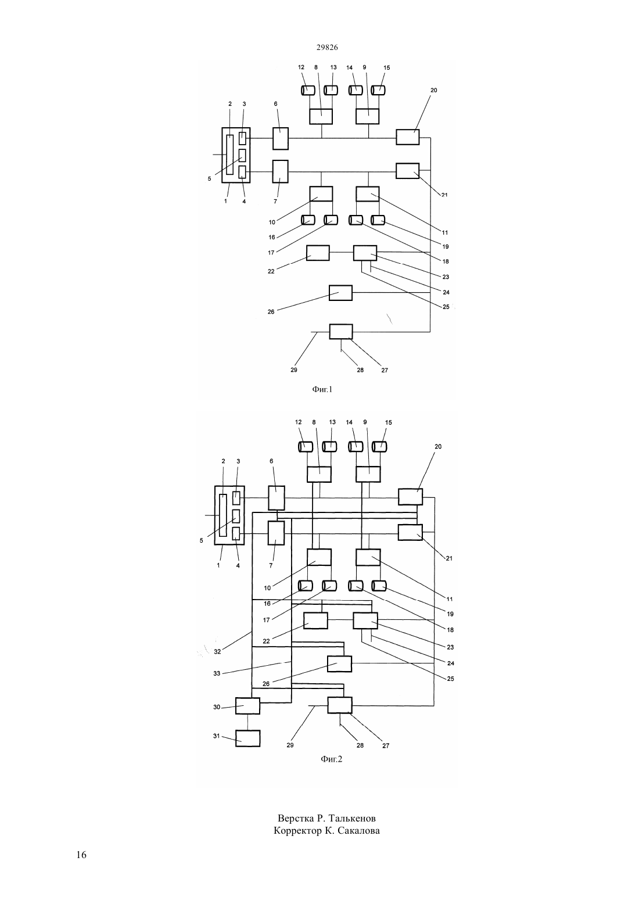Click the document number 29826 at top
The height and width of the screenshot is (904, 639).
(327, 47)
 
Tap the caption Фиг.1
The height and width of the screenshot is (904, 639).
(322, 389)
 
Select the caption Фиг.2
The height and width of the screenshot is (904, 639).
(332, 759)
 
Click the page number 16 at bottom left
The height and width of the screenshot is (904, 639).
(81, 855)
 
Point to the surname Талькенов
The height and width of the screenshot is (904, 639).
(352, 818)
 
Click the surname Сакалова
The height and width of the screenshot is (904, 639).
(358, 831)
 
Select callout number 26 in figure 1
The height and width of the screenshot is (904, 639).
(271, 311)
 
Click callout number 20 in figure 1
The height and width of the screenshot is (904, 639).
(434, 90)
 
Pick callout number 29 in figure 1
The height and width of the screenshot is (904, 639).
(294, 370)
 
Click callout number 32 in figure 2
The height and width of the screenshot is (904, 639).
(217, 651)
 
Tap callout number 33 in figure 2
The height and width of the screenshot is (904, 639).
(217, 673)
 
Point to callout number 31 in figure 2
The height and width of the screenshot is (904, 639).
(217, 736)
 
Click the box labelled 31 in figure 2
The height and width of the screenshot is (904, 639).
(247, 738)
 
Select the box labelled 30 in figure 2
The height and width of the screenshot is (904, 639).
(247, 706)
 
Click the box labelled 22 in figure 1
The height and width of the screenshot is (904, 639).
(318, 253)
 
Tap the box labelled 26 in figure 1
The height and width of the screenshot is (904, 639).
(340, 293)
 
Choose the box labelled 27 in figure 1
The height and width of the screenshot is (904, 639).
(341, 332)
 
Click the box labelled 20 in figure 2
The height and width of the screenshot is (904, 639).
(410, 497)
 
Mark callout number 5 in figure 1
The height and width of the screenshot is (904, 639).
(209, 179)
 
